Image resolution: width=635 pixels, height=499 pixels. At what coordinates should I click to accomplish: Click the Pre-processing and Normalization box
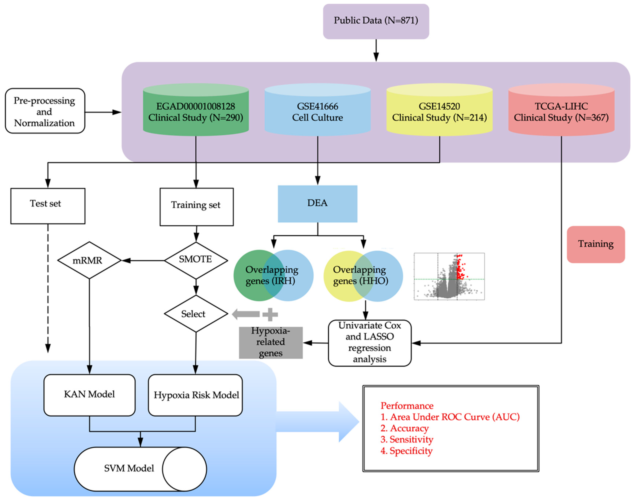click(x=45, y=111)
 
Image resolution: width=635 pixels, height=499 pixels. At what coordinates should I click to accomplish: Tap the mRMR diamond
click(x=89, y=260)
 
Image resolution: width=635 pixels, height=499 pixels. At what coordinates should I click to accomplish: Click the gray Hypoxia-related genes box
click(x=270, y=342)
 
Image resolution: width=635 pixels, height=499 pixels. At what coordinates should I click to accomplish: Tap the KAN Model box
click(x=89, y=395)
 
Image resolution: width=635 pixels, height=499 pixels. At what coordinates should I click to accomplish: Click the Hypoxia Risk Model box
click(x=195, y=395)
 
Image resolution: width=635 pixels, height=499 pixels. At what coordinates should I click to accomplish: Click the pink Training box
click(x=596, y=244)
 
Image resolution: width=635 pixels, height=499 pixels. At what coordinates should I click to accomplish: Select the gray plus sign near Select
click(x=270, y=315)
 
